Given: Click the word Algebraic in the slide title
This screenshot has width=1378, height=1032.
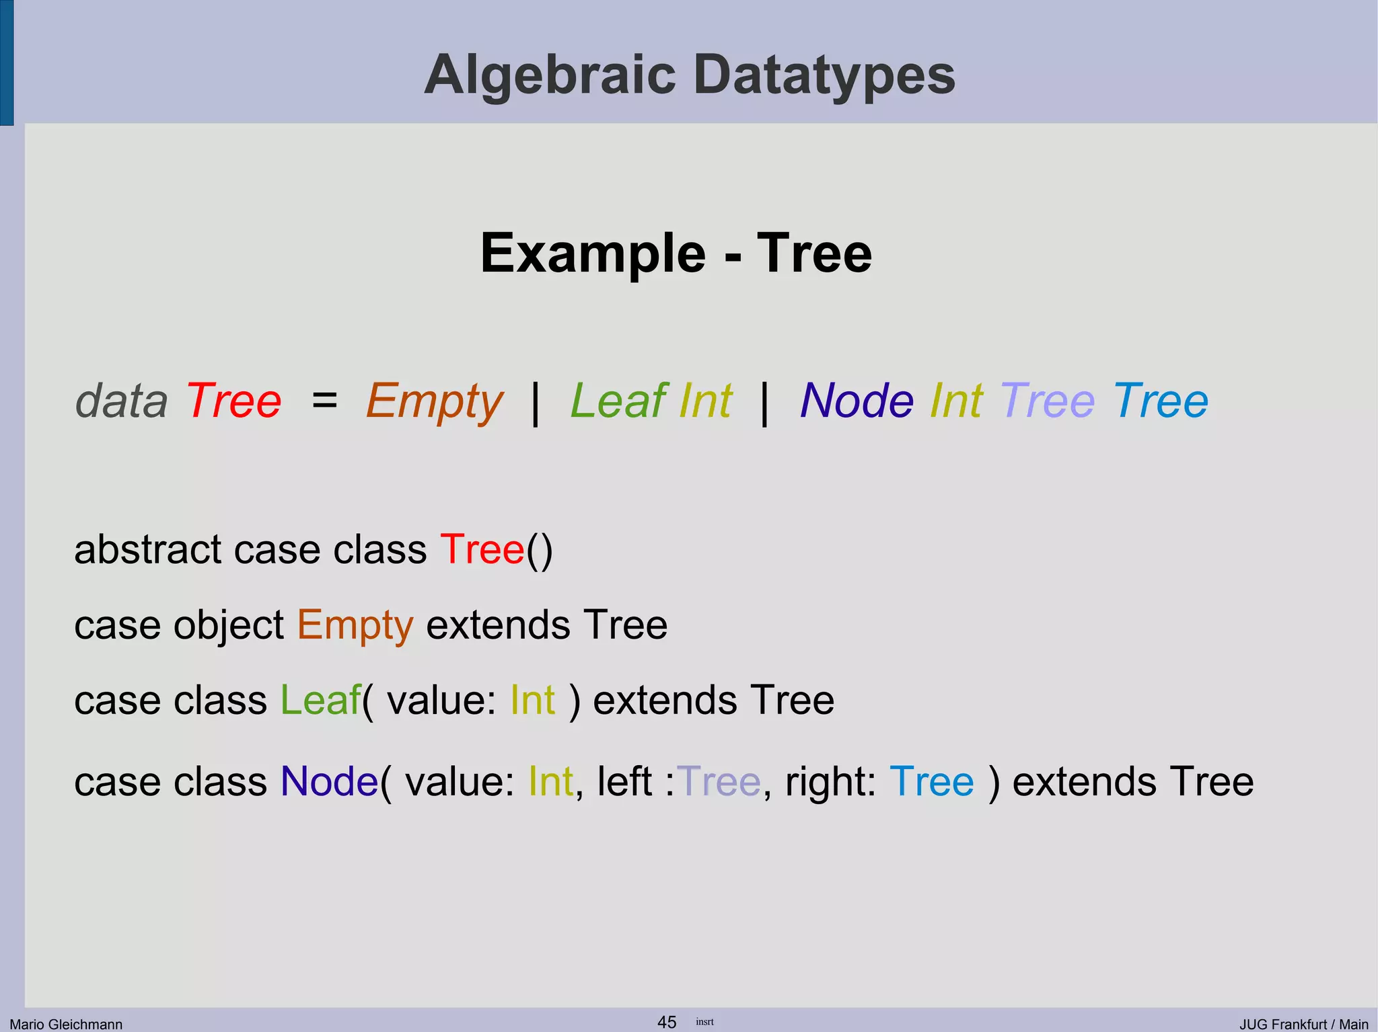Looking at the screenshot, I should (549, 75).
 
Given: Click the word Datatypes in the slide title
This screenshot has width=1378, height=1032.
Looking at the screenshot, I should (824, 75).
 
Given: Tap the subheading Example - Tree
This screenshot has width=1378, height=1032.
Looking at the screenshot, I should (676, 253).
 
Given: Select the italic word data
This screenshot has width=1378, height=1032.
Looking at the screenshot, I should (121, 401).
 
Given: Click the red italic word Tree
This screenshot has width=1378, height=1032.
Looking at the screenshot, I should (234, 401).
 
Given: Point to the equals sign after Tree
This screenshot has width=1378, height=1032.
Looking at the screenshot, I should (324, 401).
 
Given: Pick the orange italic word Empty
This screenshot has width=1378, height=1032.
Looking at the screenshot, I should (435, 402).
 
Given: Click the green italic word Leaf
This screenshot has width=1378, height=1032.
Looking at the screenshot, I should (618, 401).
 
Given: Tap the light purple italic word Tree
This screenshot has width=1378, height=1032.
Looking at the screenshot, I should (1048, 401).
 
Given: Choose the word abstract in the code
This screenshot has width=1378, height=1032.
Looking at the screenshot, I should (147, 549).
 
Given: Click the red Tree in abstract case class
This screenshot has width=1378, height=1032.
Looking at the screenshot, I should (482, 549).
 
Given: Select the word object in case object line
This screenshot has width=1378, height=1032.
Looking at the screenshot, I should (229, 626).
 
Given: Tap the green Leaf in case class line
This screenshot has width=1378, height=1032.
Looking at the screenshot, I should (320, 700).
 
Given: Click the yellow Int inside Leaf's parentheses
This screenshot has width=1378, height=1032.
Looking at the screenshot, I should (532, 700).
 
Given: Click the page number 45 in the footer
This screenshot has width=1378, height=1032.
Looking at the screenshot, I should (667, 1022).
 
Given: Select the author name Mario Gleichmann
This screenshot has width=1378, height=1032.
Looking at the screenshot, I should (66, 1024).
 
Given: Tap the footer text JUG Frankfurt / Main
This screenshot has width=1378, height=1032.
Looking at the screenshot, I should (1303, 1024).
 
